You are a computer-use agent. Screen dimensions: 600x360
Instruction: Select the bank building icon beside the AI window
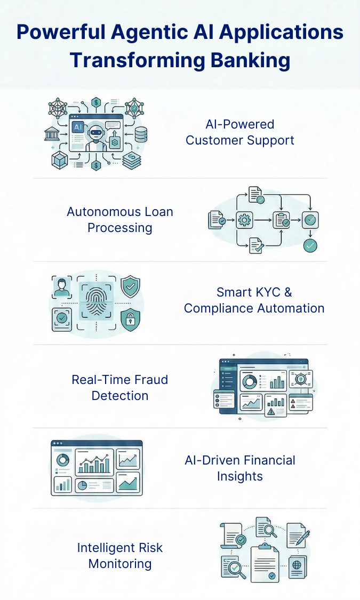coord(52,133)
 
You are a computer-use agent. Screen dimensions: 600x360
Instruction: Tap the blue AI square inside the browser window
coord(77,127)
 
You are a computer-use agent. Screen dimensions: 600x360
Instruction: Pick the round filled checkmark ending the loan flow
coord(309,245)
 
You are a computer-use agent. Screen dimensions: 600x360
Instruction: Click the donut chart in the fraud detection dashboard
coord(249,382)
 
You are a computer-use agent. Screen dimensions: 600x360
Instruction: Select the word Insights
coord(240,476)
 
